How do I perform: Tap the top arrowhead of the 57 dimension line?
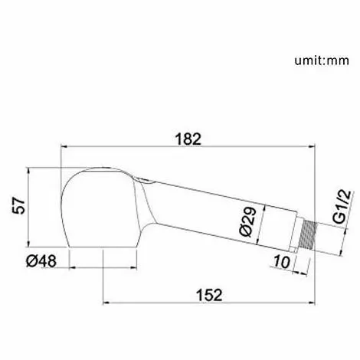[29, 167]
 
